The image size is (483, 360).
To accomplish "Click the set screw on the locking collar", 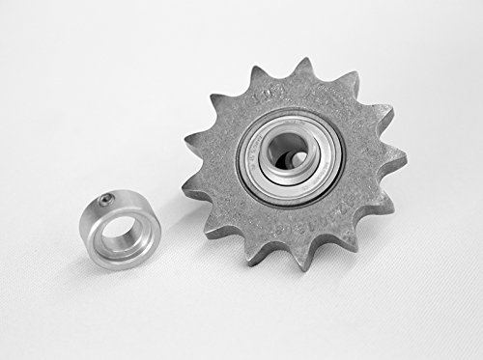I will pos(102,200).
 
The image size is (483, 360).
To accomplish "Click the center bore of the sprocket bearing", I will pos(288,154).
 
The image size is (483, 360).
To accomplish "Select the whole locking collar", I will pos(121,229).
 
